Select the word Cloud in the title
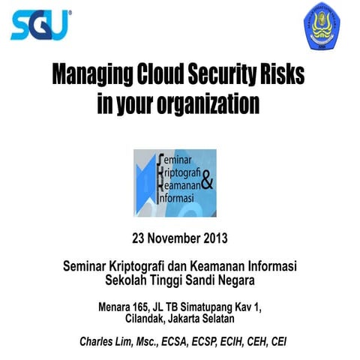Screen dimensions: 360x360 165,76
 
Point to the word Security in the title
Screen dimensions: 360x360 231,76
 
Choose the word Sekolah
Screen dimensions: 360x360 127,281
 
